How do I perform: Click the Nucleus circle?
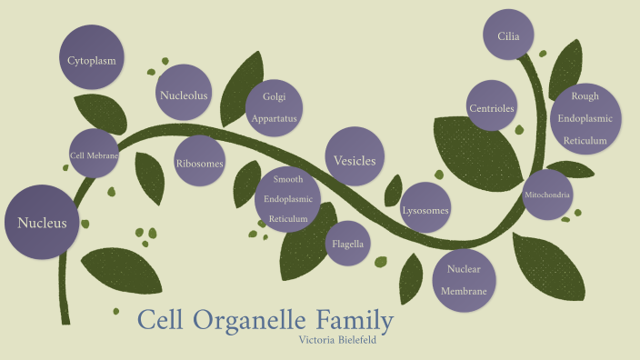click(41, 222)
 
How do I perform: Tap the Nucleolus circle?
click(185, 94)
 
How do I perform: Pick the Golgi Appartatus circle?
click(275, 107)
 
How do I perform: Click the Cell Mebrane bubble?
click(95, 155)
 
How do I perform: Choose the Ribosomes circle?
click(200, 164)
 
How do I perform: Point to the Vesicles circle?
click(355, 159)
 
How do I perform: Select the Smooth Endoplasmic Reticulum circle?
click(288, 199)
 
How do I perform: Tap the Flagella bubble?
click(348, 244)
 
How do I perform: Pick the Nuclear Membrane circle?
click(464, 279)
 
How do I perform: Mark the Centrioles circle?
click(492, 108)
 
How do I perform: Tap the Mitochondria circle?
click(546, 195)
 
